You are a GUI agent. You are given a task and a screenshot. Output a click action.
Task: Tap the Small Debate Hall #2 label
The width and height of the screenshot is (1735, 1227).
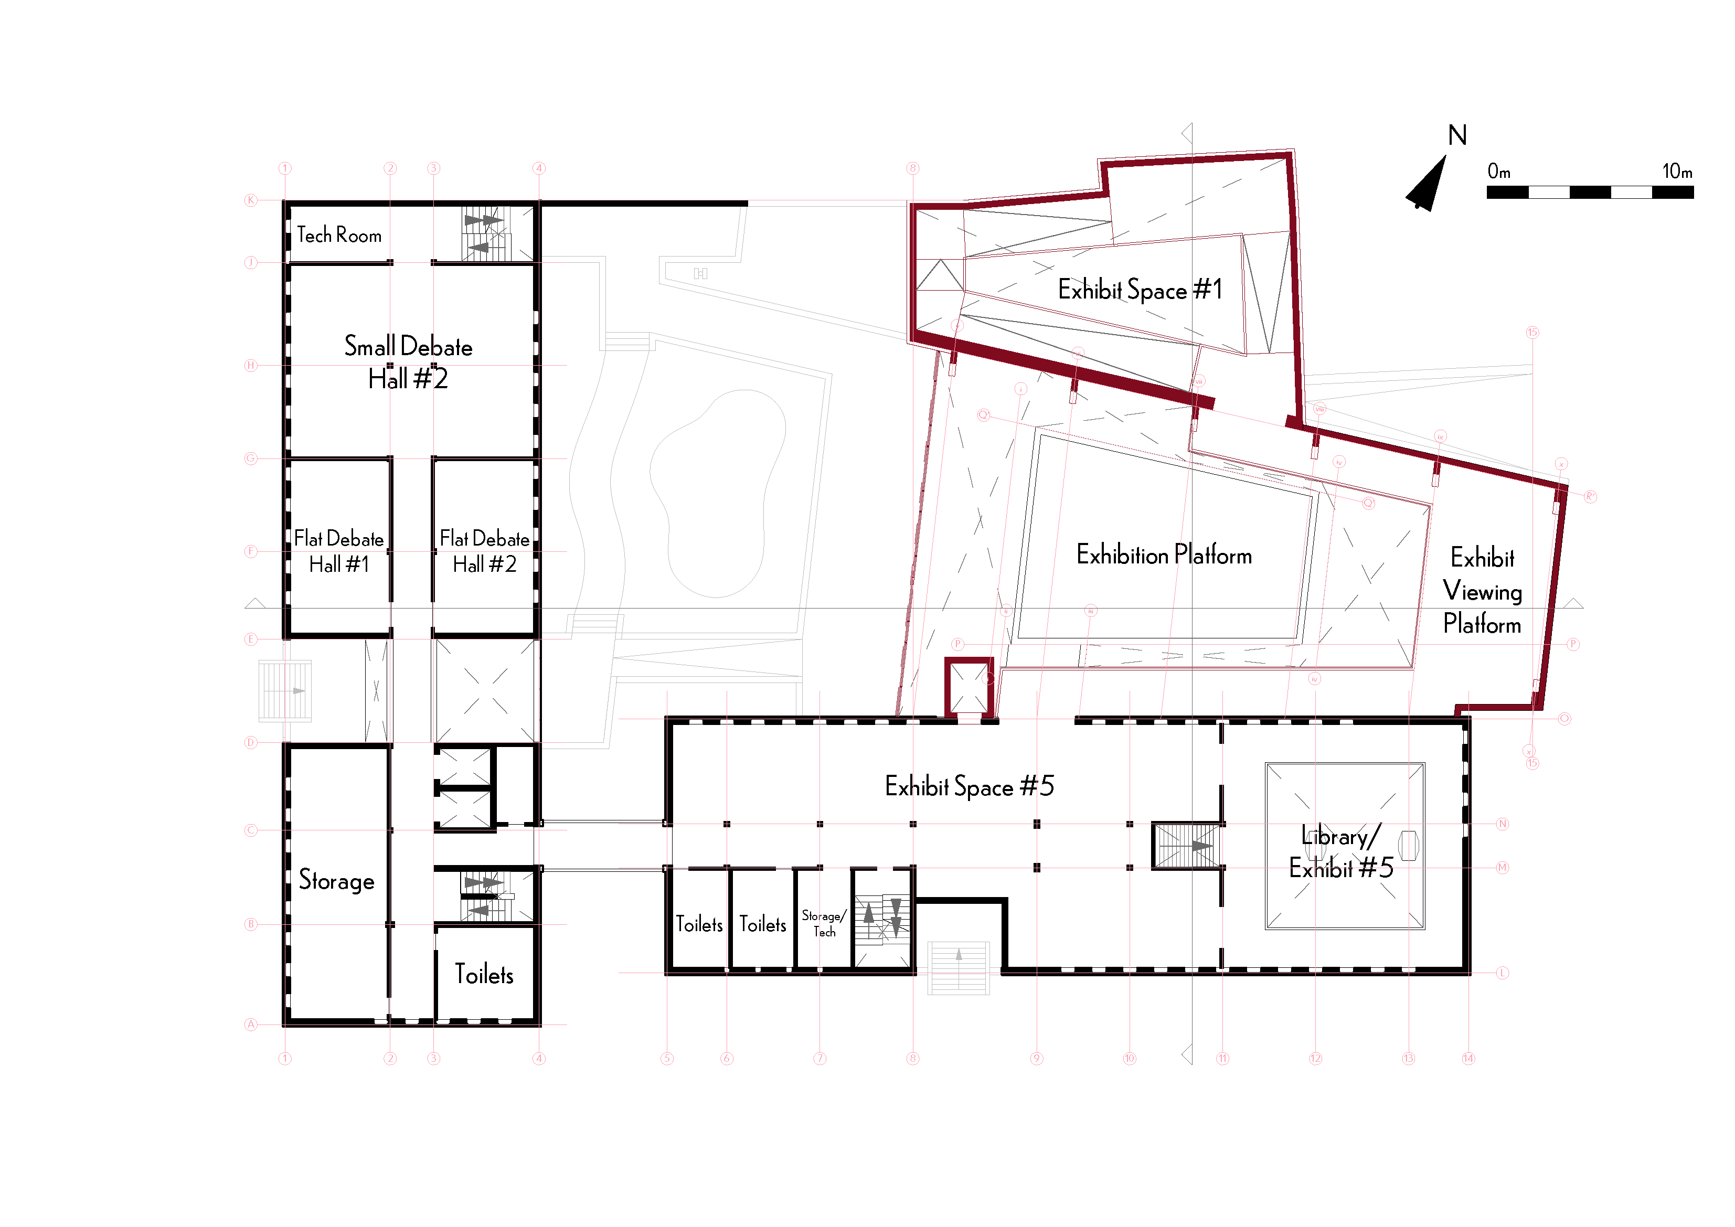408,362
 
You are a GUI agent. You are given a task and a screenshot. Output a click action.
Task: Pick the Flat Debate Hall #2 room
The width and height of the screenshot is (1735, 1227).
484,551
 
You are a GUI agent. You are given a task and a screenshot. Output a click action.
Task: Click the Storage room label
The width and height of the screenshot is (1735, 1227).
336,880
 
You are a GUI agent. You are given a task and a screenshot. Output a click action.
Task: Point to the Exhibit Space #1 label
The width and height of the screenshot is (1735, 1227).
1140,290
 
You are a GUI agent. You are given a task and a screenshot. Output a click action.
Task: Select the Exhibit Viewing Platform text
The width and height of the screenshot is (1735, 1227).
1482,591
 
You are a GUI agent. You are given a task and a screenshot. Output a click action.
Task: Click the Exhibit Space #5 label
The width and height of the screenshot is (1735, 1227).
969,786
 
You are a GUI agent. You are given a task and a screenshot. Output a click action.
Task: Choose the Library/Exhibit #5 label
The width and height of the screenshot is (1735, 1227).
1340,852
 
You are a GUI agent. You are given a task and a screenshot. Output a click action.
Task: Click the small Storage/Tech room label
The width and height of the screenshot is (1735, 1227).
824,923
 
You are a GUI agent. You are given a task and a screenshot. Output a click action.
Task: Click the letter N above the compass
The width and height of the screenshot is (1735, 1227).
1457,136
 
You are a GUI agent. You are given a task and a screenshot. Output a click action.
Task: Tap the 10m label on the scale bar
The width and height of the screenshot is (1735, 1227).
1677,172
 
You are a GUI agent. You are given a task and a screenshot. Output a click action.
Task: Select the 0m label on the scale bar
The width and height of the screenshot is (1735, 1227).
1498,172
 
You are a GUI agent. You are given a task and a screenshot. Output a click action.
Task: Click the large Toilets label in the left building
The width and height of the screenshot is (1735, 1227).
484,975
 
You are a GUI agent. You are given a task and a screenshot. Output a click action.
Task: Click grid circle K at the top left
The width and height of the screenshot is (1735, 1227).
251,200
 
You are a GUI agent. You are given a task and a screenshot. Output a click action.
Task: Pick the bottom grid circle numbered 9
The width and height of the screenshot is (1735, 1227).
1036,1059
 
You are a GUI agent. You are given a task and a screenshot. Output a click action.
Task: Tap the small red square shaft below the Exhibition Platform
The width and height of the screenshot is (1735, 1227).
969,687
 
